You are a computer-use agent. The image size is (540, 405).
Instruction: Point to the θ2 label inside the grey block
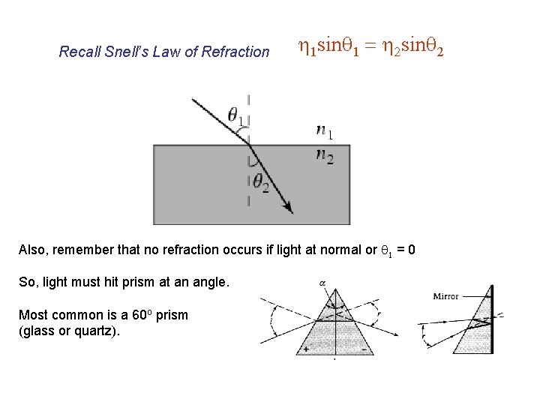(259, 182)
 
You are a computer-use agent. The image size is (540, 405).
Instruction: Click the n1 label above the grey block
(325, 132)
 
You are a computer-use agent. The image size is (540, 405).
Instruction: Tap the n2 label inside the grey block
(325, 156)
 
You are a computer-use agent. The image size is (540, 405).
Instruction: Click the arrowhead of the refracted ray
(289, 211)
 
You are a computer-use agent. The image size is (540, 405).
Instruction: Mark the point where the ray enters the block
(248, 145)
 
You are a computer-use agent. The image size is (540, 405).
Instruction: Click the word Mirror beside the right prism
(445, 296)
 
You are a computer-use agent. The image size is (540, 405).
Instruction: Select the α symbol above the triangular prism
(322, 283)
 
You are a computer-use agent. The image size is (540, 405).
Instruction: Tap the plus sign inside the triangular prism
(306, 349)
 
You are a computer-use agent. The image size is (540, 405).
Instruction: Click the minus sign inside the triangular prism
(365, 349)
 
